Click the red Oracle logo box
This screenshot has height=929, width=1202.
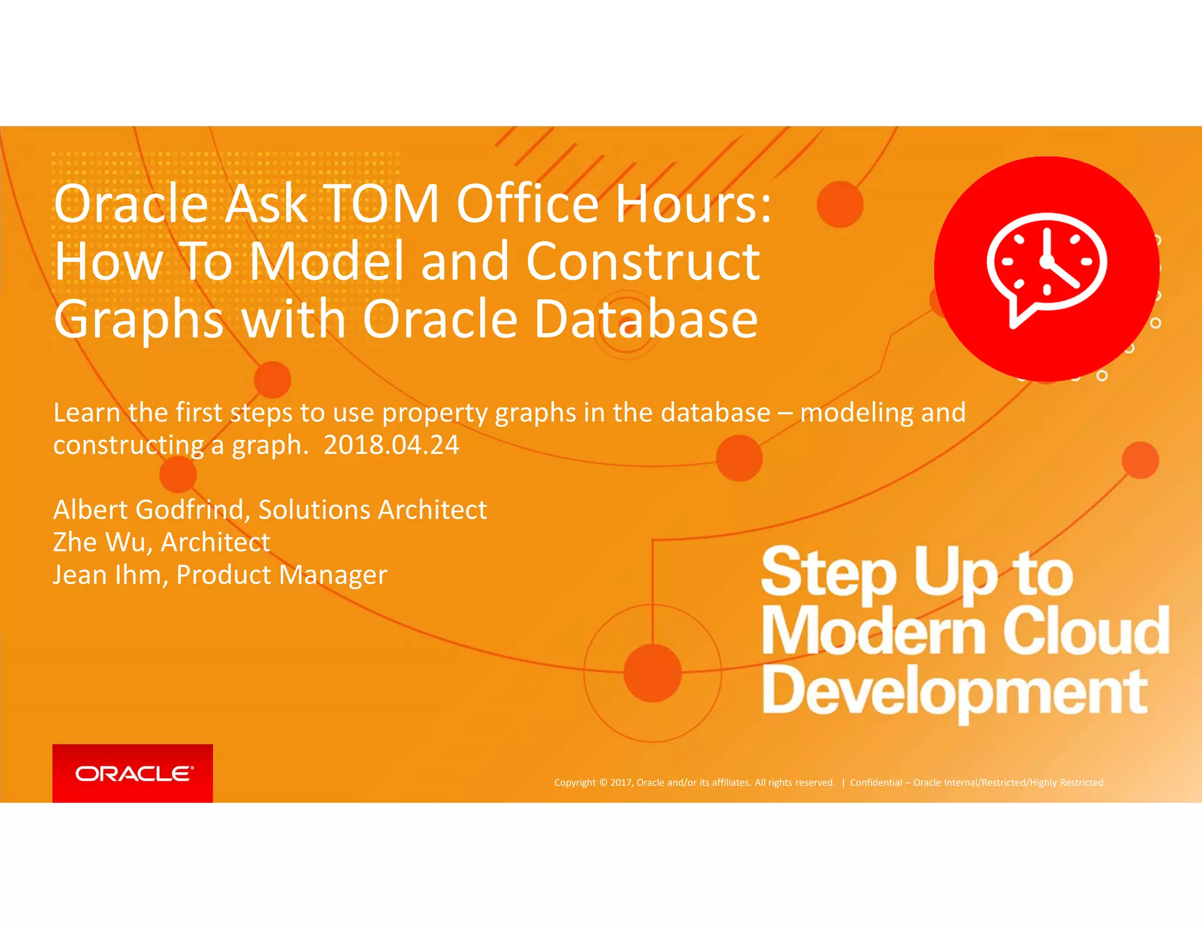tap(133, 773)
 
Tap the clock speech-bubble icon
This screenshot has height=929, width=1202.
tap(1046, 269)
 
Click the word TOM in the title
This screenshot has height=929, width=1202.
tap(381, 204)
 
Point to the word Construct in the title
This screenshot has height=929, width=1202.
tap(643, 261)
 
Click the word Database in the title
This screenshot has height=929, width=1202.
tap(646, 319)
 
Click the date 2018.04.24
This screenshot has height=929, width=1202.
tap(391, 445)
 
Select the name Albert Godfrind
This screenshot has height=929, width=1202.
tap(148, 510)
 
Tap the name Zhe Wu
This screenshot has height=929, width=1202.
tap(99, 542)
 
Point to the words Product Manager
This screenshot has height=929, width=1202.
tap(282, 575)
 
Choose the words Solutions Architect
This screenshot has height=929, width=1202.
tap(373, 510)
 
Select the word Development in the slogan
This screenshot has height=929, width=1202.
tap(954, 692)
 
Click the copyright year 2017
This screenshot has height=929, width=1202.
tap(622, 782)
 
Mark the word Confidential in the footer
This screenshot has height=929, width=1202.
tap(876, 782)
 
